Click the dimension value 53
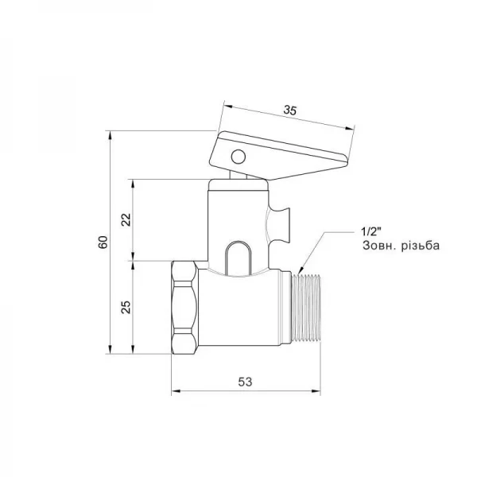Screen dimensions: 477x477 pyautogui.click(x=245, y=382)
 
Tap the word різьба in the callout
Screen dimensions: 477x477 pyautogui.click(x=419, y=246)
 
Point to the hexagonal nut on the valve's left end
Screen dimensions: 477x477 pyautogui.click(x=185, y=308)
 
